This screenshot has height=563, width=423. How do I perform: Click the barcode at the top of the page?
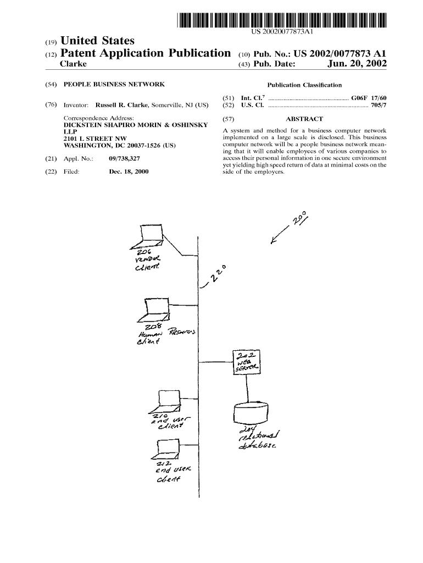[282, 20]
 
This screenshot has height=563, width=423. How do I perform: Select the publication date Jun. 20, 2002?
[357, 64]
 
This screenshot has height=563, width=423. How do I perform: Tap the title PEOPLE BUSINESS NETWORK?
[114, 85]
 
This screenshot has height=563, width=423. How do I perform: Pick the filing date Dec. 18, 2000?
[129, 172]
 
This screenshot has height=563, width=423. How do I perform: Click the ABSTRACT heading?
[304, 119]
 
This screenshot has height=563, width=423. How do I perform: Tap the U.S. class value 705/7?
[379, 104]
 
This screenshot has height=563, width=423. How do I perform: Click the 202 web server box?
[247, 363]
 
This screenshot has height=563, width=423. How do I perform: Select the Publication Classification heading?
[304, 85]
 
